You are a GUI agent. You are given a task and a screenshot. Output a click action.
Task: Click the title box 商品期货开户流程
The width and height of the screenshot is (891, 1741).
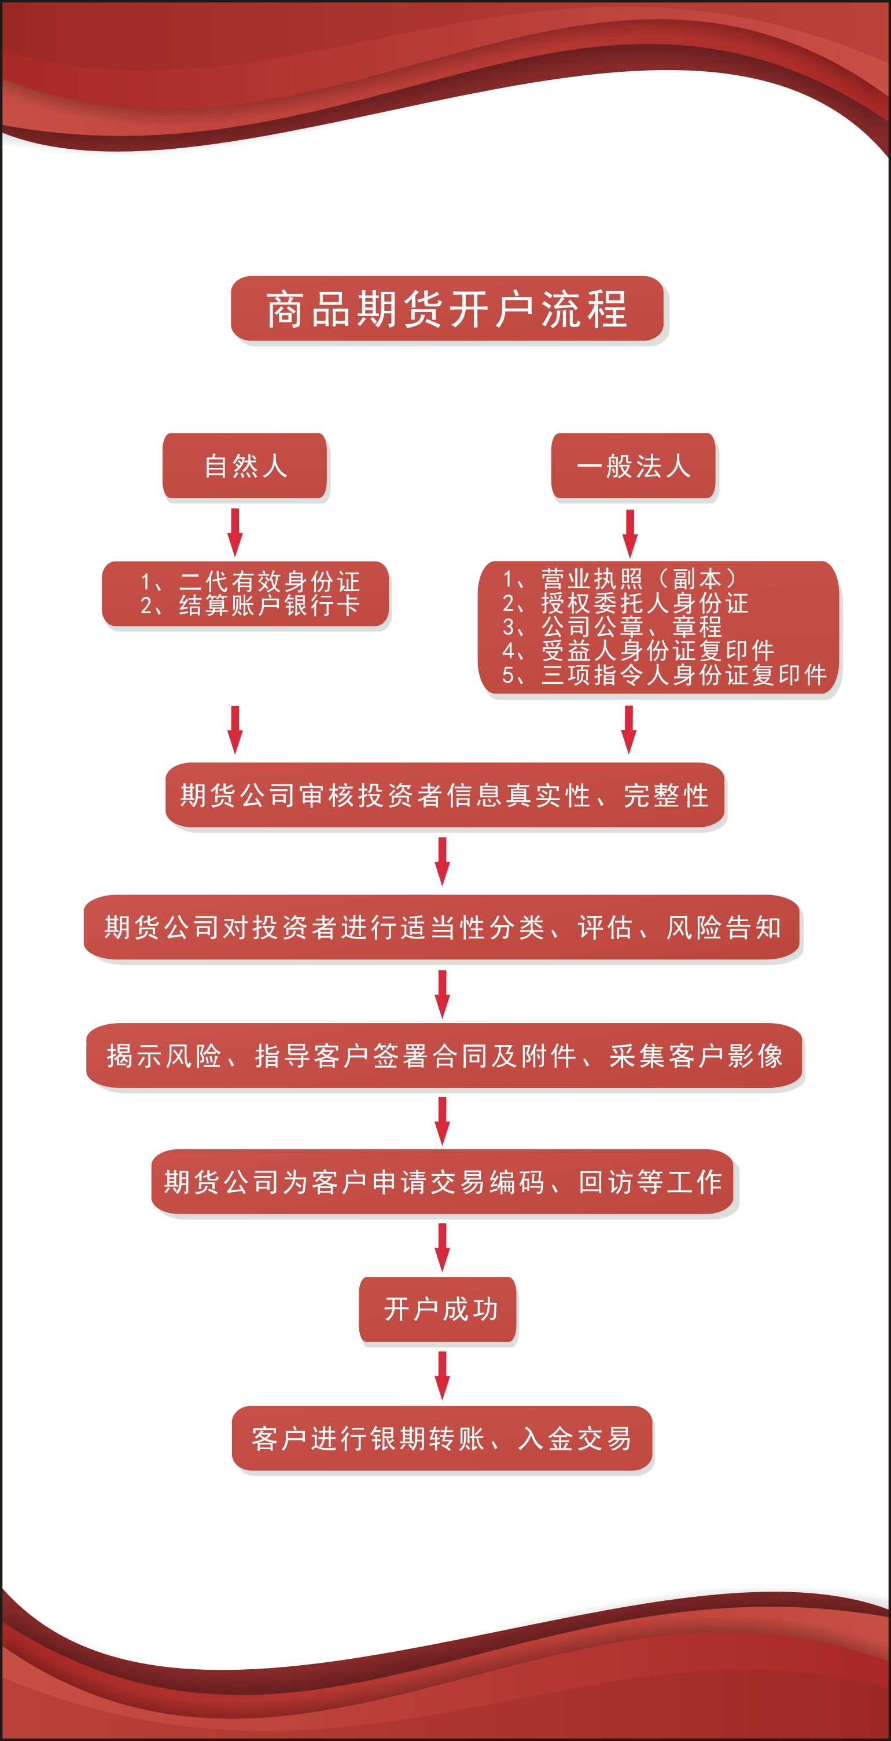pyautogui.click(x=447, y=308)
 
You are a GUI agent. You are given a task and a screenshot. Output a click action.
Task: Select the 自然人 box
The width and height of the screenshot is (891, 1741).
pyautogui.click(x=245, y=466)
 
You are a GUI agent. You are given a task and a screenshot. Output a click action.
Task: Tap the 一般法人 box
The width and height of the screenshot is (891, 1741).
pyautogui.click(x=633, y=466)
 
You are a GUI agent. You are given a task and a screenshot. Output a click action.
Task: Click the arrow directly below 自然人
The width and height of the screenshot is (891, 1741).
pyautogui.click(x=235, y=533)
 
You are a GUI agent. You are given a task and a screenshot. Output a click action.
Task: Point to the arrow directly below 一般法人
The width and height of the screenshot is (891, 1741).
pyautogui.click(x=629, y=534)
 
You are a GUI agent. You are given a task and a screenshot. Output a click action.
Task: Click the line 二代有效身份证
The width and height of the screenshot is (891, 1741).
pyautogui.click(x=250, y=581)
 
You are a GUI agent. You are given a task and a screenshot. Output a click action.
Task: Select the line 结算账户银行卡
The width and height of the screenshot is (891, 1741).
pyautogui.click(x=250, y=606)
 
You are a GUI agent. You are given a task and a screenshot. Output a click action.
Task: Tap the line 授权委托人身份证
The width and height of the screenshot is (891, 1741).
pyautogui.click(x=625, y=603)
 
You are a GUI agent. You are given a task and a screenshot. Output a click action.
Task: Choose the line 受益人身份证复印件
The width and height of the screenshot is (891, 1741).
pyautogui.click(x=638, y=650)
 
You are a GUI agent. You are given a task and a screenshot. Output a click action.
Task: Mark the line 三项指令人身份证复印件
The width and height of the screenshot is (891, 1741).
pyautogui.click(x=665, y=675)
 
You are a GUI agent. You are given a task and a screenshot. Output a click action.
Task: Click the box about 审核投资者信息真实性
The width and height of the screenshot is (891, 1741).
pyautogui.click(x=445, y=795)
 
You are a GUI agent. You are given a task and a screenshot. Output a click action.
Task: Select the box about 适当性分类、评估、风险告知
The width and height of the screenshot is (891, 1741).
pyautogui.click(x=443, y=928)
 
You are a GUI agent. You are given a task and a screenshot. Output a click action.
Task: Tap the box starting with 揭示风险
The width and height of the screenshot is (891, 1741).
pyautogui.click(x=444, y=1055)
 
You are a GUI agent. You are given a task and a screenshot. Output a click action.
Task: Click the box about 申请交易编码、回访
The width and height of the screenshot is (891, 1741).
pyautogui.click(x=443, y=1181)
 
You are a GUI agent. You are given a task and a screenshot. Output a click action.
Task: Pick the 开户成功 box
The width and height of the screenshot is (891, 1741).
pyautogui.click(x=438, y=1309)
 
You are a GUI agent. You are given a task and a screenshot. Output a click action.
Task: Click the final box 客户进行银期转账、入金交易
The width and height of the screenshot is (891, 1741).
pyautogui.click(x=443, y=1438)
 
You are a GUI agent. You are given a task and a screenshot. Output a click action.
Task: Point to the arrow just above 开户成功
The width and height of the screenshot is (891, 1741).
pyautogui.click(x=443, y=1247)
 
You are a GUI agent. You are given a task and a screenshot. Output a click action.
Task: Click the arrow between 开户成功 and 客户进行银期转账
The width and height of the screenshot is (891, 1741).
pyautogui.click(x=443, y=1375)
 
